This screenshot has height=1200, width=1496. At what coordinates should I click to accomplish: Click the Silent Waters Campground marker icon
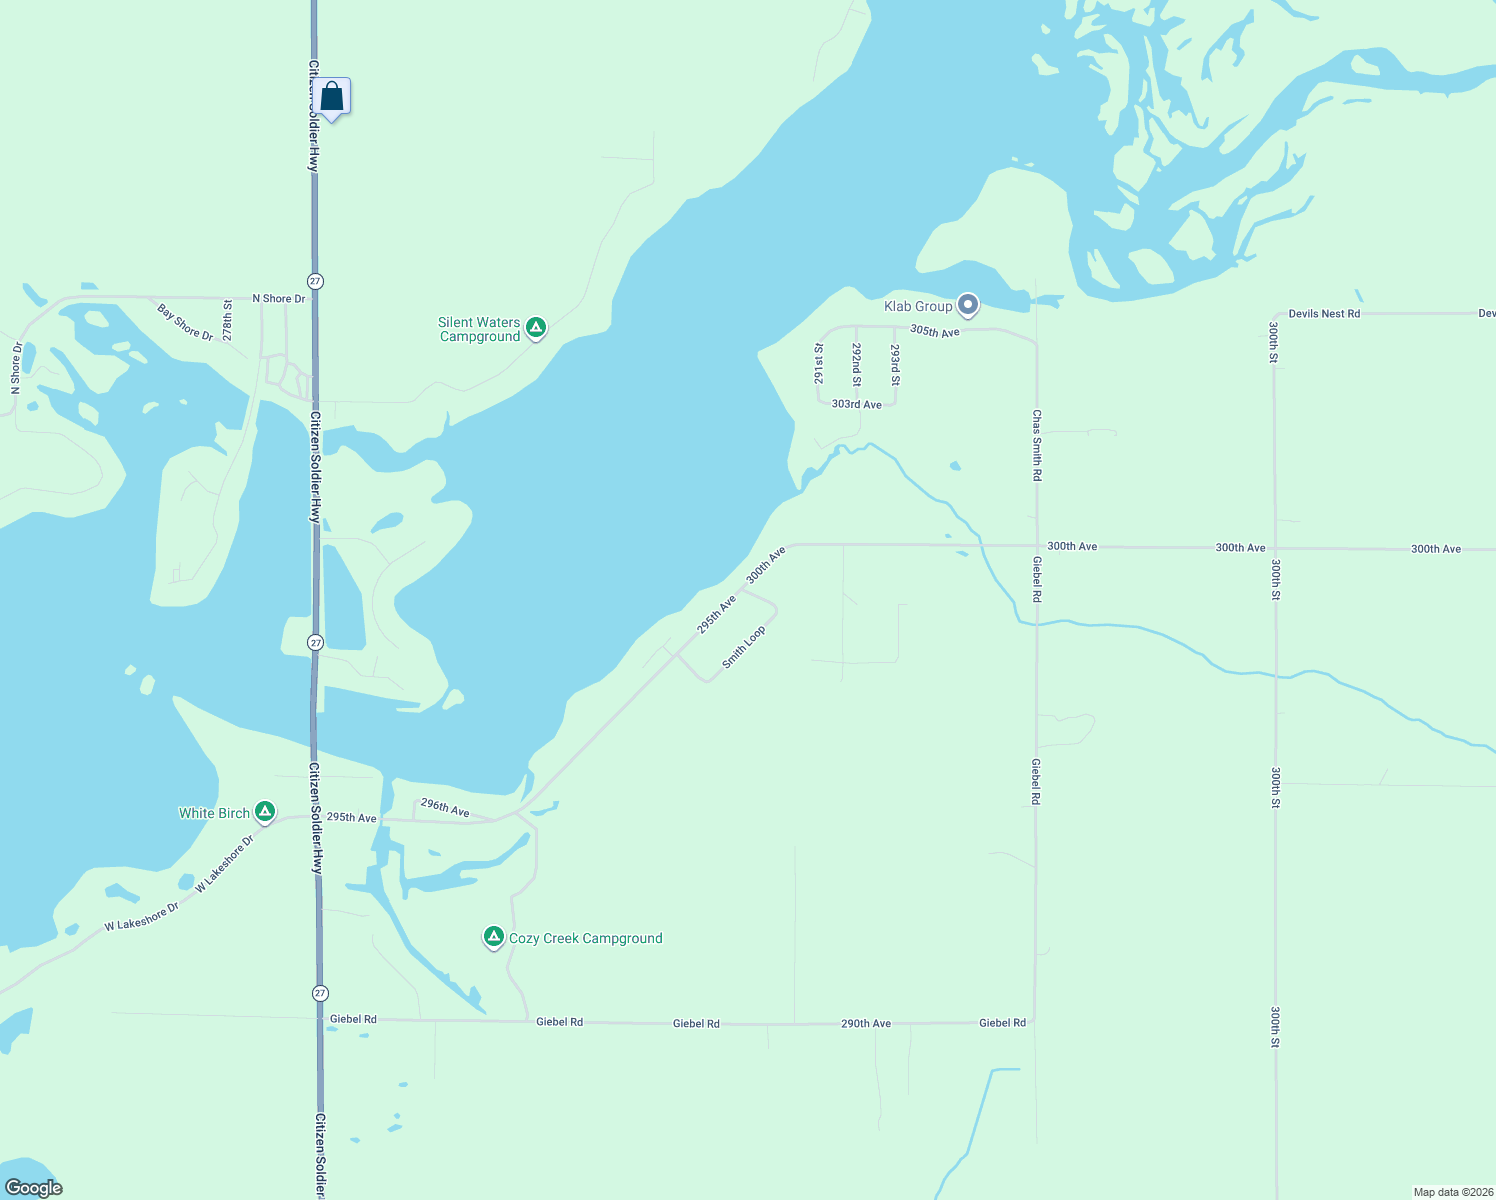[x=536, y=327]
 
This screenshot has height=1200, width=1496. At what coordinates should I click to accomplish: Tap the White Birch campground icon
[x=265, y=812]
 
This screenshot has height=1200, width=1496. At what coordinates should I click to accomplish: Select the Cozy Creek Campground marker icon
[x=493, y=937]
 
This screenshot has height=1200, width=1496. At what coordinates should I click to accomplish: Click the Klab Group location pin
[x=967, y=304]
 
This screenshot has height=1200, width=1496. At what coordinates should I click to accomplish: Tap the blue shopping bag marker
[x=332, y=97]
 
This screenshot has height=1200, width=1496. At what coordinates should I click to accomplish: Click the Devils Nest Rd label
[x=1324, y=314]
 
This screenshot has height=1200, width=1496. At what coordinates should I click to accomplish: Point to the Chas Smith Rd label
[x=1037, y=445]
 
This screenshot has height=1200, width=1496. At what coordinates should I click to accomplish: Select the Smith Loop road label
[x=744, y=648]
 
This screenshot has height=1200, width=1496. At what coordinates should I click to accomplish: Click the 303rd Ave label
[x=857, y=405]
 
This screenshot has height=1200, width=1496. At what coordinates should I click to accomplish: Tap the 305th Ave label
[x=935, y=331]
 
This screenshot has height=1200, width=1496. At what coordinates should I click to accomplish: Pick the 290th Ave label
[x=866, y=1024]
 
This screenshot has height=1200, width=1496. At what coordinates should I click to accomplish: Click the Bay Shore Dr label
[x=186, y=322]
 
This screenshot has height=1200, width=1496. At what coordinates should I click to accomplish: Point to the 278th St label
[x=228, y=320]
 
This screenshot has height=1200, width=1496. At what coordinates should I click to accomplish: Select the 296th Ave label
[x=445, y=807]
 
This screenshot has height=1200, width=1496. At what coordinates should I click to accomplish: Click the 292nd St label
[x=857, y=365]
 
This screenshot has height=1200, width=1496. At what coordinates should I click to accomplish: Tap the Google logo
[x=34, y=1188]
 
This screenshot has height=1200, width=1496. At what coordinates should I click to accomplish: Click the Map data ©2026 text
[x=1452, y=1192]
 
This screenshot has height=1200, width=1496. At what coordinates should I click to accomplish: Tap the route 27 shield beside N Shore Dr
[x=316, y=282]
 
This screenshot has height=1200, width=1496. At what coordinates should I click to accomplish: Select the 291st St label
[x=819, y=364]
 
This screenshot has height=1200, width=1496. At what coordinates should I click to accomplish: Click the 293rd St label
[x=895, y=366]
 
